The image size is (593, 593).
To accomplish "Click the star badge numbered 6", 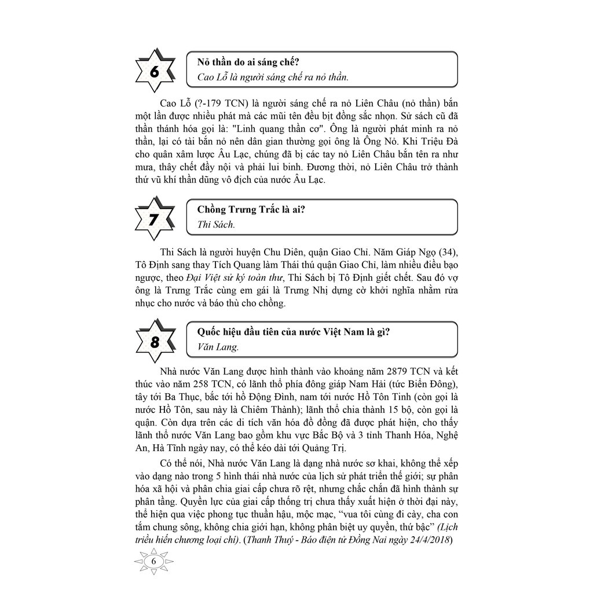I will pyautogui.click(x=155, y=71).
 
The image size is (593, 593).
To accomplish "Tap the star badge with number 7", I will pyautogui.click(x=155, y=219).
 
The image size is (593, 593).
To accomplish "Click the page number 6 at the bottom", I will pyautogui.click(x=154, y=561).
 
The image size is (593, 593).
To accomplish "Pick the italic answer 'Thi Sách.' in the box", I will pyautogui.click(x=216, y=225).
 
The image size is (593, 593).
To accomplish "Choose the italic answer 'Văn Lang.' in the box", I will pyautogui.click(x=218, y=347).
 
